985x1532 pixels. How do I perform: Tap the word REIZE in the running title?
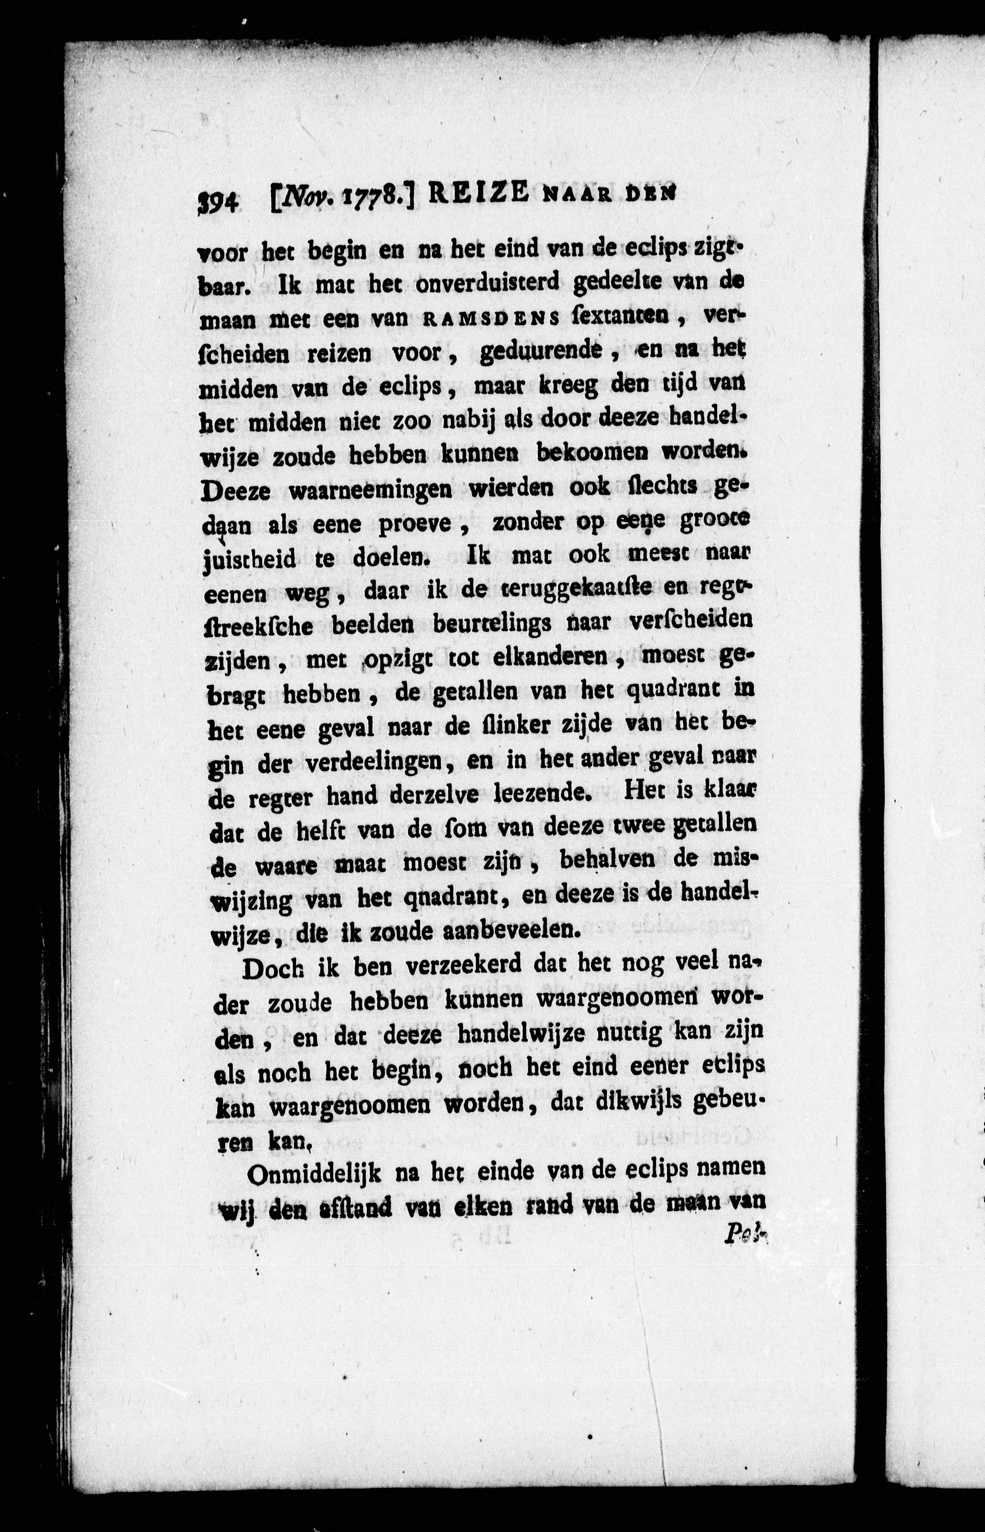(478, 194)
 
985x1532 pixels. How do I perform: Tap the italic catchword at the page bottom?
(744, 1235)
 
